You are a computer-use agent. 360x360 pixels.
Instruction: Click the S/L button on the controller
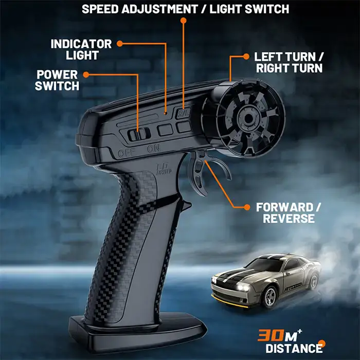(x=183, y=113)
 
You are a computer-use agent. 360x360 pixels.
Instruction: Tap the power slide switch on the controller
(x=139, y=134)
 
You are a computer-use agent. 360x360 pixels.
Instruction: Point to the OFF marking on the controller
(x=127, y=153)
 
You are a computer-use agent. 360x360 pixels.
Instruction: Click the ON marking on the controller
(x=153, y=149)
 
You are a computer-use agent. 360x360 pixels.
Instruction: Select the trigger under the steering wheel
(x=200, y=172)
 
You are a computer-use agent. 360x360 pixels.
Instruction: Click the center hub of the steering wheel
(x=248, y=118)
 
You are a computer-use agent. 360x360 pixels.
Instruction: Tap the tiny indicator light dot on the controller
(x=165, y=113)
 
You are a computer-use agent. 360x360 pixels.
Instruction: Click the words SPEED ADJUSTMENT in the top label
(x=140, y=9)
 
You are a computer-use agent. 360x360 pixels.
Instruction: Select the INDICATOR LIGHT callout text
(x=81, y=49)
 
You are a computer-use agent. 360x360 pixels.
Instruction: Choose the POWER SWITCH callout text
(x=57, y=80)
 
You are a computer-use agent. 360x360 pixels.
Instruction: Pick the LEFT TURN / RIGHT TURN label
(x=289, y=62)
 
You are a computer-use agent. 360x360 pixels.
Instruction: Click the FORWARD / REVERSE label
(x=289, y=213)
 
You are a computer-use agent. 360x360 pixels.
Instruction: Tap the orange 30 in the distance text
(x=271, y=336)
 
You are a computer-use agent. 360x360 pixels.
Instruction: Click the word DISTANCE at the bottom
(x=294, y=348)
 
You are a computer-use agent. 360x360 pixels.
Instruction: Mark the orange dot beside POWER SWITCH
(x=86, y=75)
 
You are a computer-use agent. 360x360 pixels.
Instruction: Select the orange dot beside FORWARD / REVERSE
(x=247, y=207)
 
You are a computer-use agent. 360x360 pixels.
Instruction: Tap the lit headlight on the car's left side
(x=240, y=287)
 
